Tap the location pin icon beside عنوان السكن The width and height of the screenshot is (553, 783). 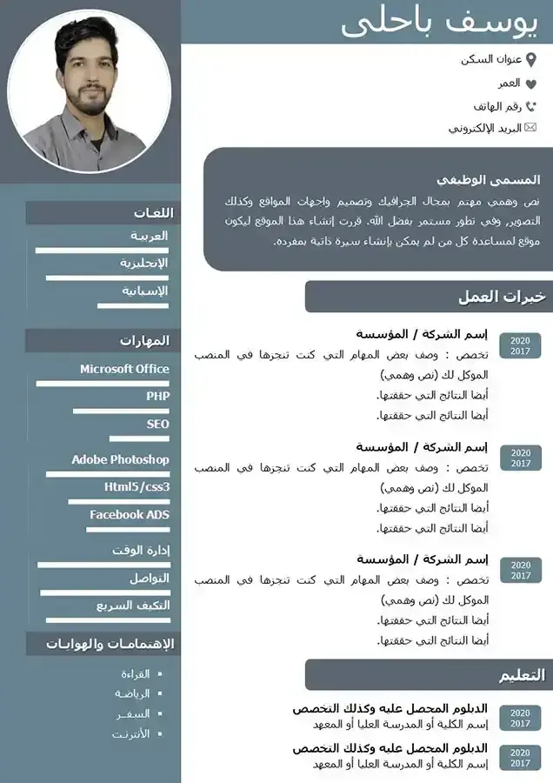532,59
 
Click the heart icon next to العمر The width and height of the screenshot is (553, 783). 531,84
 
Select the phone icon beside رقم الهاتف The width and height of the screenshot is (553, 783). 531,106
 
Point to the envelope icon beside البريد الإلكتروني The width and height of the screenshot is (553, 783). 531,128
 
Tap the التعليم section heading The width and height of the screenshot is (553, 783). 522,675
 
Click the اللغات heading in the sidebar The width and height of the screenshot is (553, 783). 154,213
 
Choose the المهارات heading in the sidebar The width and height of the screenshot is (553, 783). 144,340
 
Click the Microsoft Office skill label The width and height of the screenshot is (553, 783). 124,369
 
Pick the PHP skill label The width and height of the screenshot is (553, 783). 157,396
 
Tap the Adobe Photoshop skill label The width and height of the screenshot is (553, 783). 120,459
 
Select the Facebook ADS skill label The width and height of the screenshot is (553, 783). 129,515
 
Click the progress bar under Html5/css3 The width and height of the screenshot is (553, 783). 119,502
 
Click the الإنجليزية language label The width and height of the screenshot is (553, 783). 143,263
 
